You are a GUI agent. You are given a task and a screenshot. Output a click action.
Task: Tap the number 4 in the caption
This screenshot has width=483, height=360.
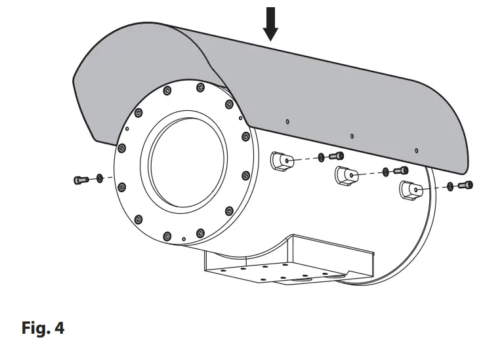[60, 329]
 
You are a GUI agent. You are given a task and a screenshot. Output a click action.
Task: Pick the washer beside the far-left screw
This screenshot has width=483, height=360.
[99, 178]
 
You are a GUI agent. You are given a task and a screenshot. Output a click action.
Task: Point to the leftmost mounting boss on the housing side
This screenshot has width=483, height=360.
[282, 161]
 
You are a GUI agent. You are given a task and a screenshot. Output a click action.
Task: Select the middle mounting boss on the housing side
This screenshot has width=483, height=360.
[346, 176]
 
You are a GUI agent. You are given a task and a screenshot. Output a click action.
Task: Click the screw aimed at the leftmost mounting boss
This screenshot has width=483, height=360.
[337, 156]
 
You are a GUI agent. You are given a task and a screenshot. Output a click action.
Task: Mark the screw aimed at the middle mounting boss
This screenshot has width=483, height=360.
[400, 172]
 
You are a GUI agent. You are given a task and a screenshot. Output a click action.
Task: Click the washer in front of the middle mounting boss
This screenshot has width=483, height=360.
[386, 172]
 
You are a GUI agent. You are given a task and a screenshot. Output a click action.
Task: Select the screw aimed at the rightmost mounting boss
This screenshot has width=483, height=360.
[465, 186]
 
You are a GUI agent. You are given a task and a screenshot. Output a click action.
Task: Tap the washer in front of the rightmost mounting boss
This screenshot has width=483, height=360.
[450, 188]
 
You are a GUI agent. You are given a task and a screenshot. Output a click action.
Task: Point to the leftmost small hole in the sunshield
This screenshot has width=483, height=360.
[287, 121]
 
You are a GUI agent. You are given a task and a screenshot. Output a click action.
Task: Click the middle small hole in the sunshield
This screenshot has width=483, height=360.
[352, 136]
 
